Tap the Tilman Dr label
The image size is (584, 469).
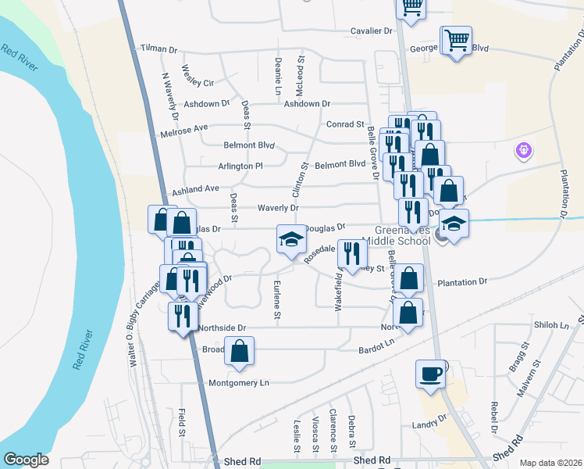(x=158, y=48)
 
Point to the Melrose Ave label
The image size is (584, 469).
(x=185, y=127)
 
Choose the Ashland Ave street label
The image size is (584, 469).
(x=196, y=189)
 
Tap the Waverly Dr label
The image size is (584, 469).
(x=278, y=209)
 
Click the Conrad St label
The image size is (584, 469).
(x=345, y=124)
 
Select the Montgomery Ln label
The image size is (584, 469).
(x=239, y=383)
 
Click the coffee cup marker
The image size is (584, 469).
(x=431, y=374)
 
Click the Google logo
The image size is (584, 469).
(x=26, y=460)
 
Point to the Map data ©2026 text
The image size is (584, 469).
(x=550, y=463)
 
